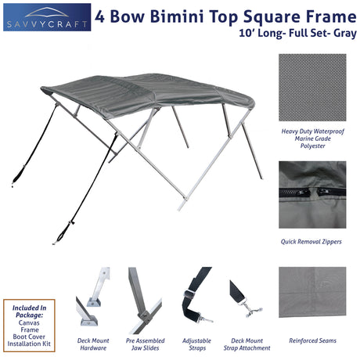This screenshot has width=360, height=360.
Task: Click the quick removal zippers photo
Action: (x=311, y=194)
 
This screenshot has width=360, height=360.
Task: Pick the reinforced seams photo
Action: (x=311, y=292)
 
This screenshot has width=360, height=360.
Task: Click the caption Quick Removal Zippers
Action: (x=311, y=242)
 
